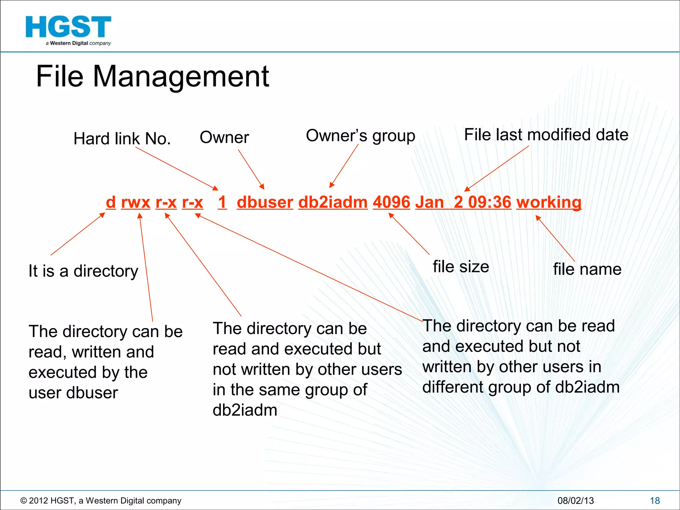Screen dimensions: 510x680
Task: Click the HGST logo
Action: tap(68, 30)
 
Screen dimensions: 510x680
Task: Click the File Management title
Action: tap(152, 76)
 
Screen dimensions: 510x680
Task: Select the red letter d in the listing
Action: tap(111, 202)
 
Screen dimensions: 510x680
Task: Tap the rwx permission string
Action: tap(136, 202)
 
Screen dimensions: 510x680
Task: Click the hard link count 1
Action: tap(222, 202)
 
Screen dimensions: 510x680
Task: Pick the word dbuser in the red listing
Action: tap(265, 202)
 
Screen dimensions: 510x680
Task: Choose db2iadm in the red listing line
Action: tap(333, 202)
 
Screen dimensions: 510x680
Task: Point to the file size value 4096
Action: tap(391, 202)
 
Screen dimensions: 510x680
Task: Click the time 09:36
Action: tap(490, 202)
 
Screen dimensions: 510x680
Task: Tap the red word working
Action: tap(549, 202)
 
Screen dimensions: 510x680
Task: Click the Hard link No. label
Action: tap(122, 138)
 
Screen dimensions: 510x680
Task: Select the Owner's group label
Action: tap(360, 136)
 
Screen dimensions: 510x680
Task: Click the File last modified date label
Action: tap(546, 135)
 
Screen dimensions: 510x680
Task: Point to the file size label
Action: tap(461, 267)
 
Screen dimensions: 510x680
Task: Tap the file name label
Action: tap(587, 269)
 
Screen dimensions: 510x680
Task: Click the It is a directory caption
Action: tap(83, 271)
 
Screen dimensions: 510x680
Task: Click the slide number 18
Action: tap(655, 501)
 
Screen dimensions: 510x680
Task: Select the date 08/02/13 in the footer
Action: tap(575, 501)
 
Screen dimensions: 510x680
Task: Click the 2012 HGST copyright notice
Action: tap(101, 501)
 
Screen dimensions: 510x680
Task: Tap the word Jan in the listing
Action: tap(429, 202)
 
